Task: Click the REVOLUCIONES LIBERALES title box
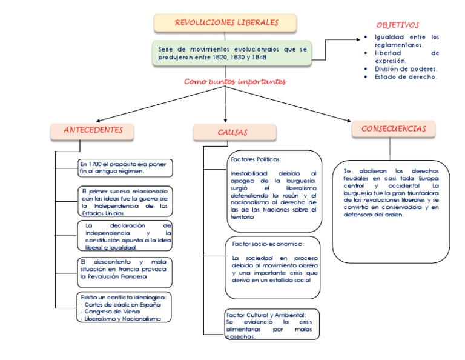[x=226, y=23]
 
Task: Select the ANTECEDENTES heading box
[x=93, y=130]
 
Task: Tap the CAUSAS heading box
[x=234, y=132]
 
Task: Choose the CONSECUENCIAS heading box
[x=394, y=129]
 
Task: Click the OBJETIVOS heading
[x=397, y=25]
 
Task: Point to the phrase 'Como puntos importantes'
[x=235, y=82]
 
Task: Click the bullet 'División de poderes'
[x=406, y=68]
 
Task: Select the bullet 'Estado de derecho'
[x=405, y=77]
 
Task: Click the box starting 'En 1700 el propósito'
[x=126, y=167]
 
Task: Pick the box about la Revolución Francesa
[x=125, y=272]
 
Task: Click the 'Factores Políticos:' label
[x=256, y=159]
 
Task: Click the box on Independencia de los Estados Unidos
[x=125, y=201]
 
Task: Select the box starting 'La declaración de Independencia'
[x=125, y=236]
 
